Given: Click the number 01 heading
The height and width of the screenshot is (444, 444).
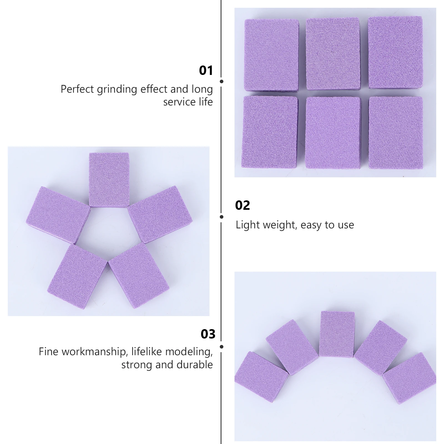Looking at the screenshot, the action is pyautogui.click(x=206, y=70).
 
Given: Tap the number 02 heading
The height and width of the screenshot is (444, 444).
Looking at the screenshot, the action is pyautogui.click(x=243, y=205).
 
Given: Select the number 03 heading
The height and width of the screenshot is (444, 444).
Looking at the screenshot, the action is pyautogui.click(x=208, y=334).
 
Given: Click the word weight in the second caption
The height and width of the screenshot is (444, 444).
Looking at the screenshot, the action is pyautogui.click(x=279, y=225).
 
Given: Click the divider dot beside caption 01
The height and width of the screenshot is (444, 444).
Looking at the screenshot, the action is pyautogui.click(x=221, y=81).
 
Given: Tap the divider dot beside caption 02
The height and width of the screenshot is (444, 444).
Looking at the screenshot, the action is pyautogui.click(x=221, y=217).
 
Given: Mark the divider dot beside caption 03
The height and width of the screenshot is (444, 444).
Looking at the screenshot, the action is pyautogui.click(x=221, y=347).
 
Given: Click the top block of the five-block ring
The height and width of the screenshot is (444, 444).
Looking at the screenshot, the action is pyautogui.click(x=109, y=180).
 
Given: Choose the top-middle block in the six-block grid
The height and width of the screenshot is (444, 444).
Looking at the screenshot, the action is pyautogui.click(x=333, y=54).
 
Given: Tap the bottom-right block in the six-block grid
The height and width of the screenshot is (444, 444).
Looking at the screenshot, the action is pyautogui.click(x=396, y=133).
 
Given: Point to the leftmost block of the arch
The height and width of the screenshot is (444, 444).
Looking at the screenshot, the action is pyautogui.click(x=261, y=373).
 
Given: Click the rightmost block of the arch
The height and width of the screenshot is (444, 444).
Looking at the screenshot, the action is pyautogui.click(x=409, y=378).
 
